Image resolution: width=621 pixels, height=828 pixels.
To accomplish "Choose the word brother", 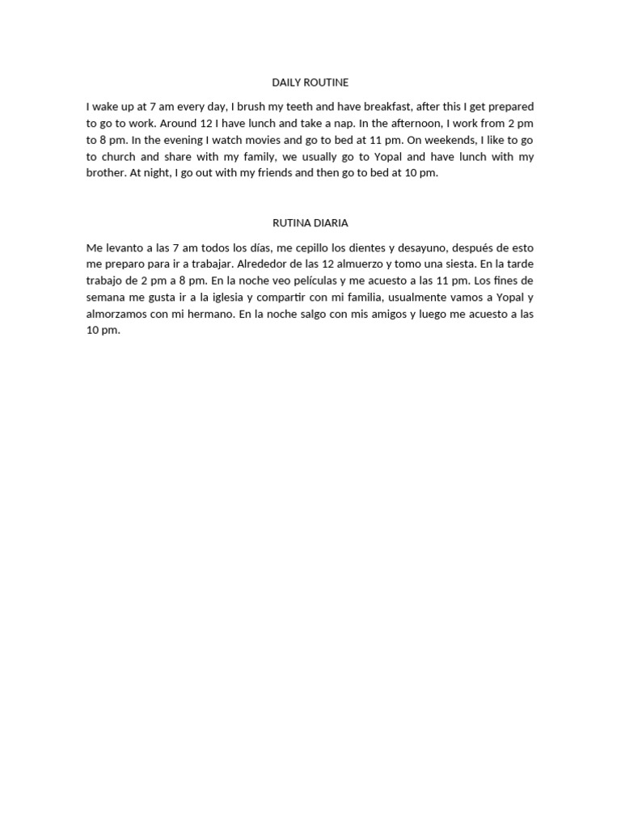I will (x=105, y=173).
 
